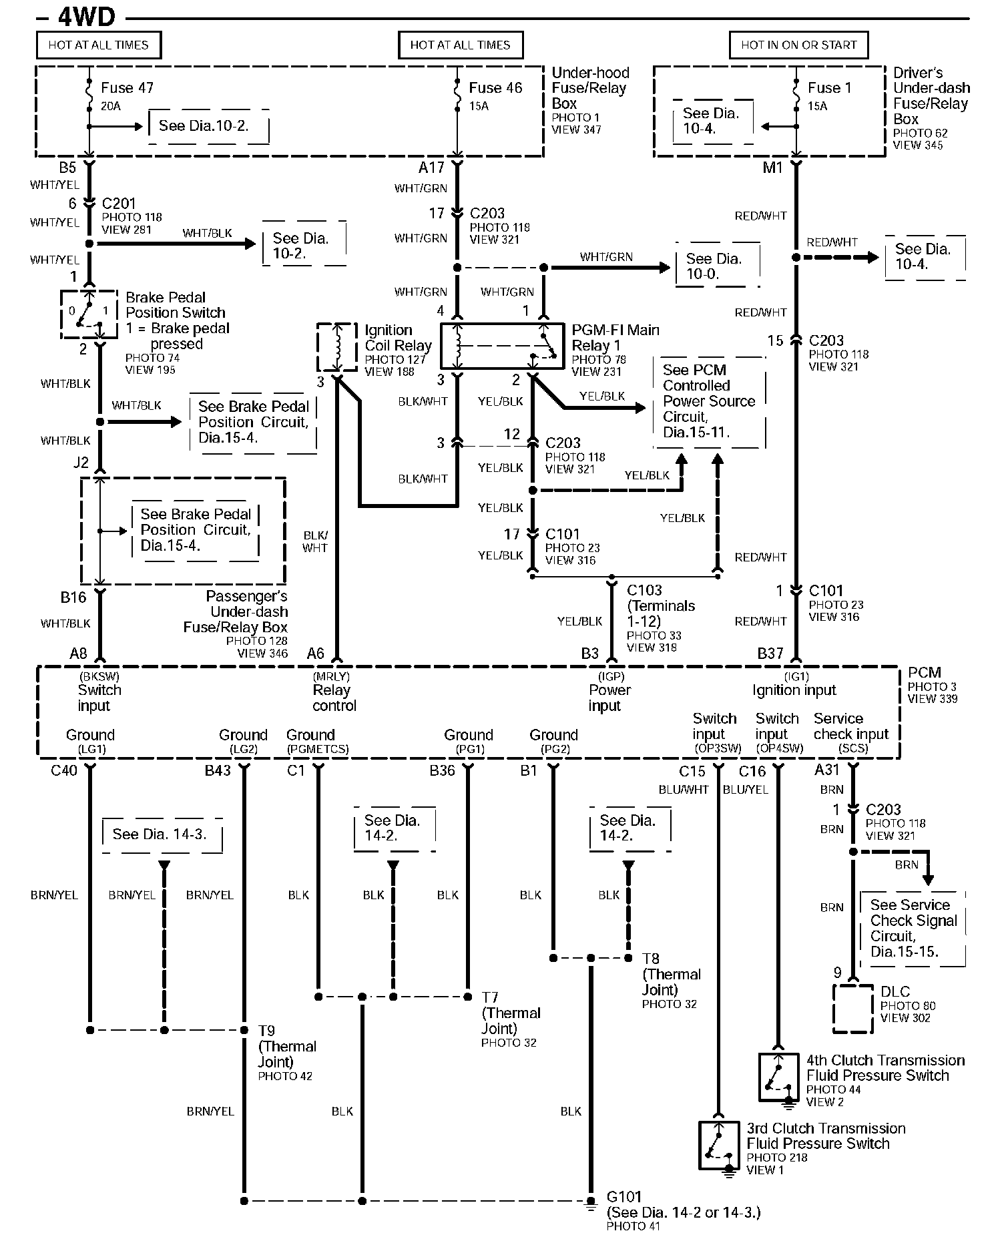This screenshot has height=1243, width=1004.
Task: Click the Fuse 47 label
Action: click(127, 88)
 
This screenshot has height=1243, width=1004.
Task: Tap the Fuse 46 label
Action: click(495, 88)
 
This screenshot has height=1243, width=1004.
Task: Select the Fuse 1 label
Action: click(829, 88)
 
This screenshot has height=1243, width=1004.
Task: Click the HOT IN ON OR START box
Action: click(798, 45)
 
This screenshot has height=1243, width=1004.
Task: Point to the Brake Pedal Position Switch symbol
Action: click(89, 312)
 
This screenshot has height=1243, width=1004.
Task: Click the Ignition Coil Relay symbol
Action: click(337, 346)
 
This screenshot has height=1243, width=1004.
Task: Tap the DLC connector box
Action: click(852, 1008)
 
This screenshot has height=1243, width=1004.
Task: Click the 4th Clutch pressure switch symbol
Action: click(778, 1077)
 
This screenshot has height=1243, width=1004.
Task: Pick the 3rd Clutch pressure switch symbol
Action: click(718, 1145)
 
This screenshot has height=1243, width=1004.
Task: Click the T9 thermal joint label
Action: click(266, 1031)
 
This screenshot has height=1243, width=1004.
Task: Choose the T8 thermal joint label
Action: click(651, 959)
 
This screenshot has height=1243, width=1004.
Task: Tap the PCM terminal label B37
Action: click(770, 654)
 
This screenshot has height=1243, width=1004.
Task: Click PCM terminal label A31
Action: click(826, 770)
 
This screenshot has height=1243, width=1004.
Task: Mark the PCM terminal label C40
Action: click(64, 770)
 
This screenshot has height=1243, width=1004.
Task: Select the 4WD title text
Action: click(87, 16)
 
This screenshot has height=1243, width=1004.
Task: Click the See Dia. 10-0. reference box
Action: click(715, 266)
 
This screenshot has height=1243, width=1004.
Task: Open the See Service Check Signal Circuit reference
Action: click(913, 928)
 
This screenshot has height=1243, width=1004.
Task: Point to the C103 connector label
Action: click(644, 590)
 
